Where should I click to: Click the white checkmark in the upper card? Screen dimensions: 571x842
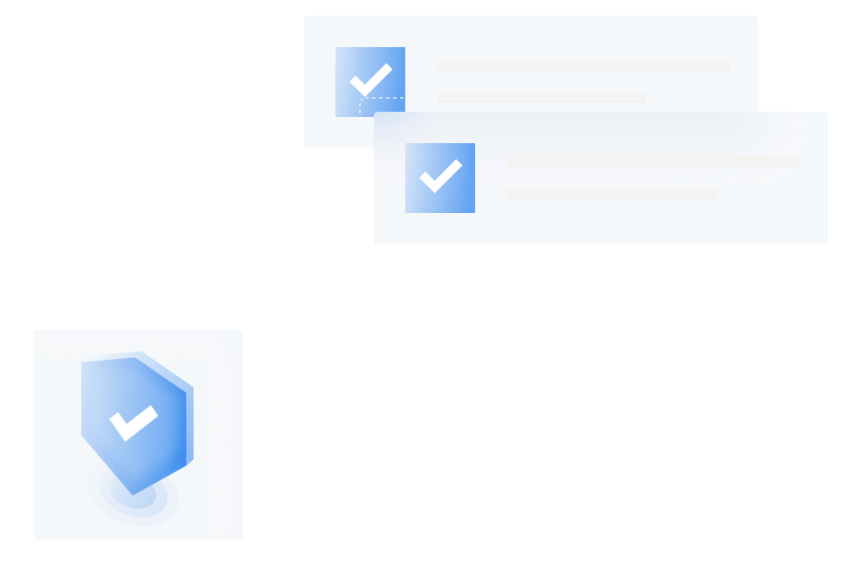[x=370, y=80]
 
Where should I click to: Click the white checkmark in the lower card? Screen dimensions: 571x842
[x=440, y=176]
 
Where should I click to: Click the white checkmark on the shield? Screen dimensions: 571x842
[x=134, y=423]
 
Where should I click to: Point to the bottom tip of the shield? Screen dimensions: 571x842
[x=134, y=492]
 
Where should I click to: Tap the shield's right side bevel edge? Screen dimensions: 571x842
[x=190, y=419]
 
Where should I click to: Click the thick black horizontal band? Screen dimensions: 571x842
[x=421, y=286]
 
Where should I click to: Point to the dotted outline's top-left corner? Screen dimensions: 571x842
[x=361, y=99]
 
